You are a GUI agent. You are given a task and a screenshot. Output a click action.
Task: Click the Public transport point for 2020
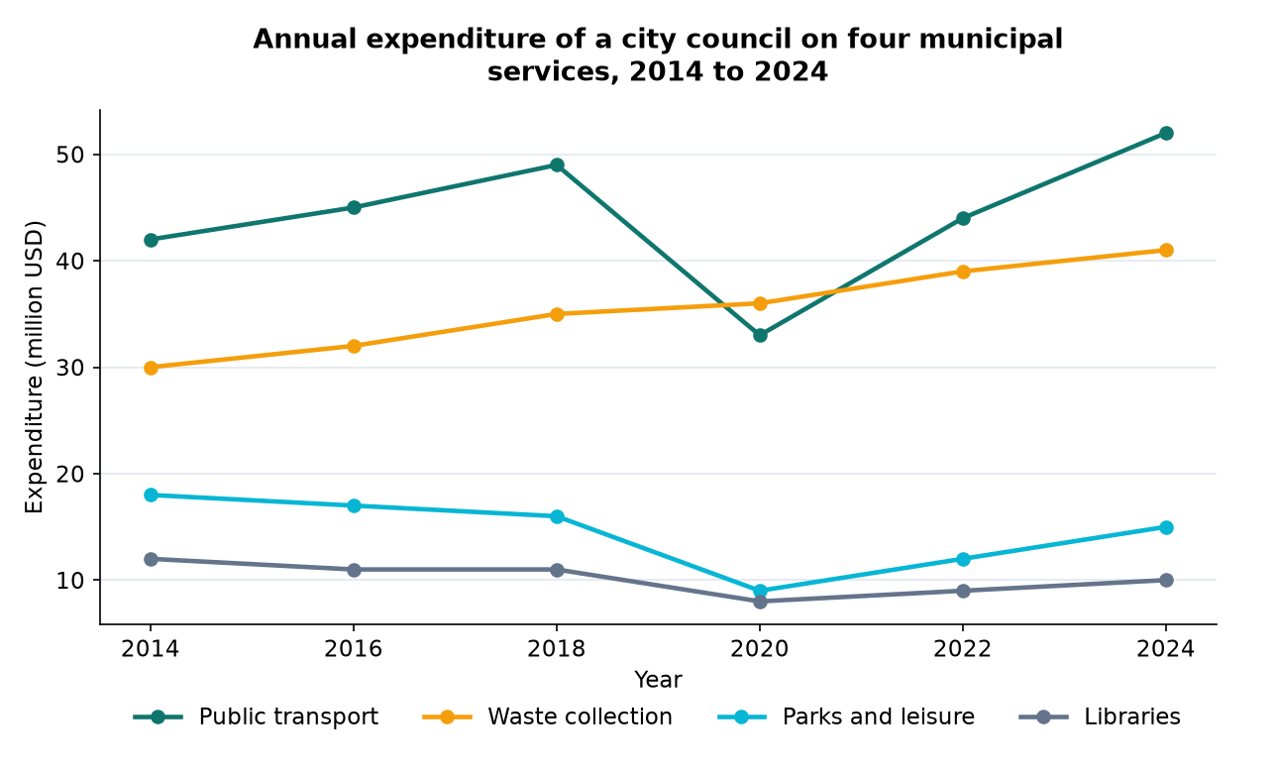pos(760,335)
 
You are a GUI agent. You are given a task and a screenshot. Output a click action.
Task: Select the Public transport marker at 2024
pos(1166,133)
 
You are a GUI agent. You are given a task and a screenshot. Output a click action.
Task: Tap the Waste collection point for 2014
pos(151,368)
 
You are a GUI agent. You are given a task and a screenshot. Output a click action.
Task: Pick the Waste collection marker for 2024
pos(1166,250)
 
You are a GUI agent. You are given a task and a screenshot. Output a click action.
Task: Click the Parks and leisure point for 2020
pos(760,591)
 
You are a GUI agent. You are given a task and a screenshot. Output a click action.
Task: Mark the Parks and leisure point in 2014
pos(151,495)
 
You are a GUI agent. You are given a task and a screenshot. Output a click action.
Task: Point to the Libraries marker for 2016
pos(354,570)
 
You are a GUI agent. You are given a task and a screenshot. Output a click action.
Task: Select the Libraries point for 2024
pos(1166,580)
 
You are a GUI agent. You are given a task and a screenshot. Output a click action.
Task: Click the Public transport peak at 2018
pos(557,165)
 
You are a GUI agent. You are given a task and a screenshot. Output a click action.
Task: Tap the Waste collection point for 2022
pos(963,272)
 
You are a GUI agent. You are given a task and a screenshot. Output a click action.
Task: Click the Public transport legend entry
pos(256,718)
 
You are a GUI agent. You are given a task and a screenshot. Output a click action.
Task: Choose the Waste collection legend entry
pos(547,718)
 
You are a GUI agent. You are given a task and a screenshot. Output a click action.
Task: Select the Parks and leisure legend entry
pos(846,718)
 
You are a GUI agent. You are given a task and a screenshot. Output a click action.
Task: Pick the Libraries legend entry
pos(1100,718)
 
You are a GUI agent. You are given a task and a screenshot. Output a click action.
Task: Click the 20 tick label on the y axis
pos(69,474)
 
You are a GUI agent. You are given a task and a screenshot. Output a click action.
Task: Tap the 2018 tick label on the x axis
pos(556,649)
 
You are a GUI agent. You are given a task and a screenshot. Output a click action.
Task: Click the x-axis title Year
pos(658,680)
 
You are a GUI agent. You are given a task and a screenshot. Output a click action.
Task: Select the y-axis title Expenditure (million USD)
pos(35,367)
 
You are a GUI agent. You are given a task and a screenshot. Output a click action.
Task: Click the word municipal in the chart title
pos(991,40)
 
